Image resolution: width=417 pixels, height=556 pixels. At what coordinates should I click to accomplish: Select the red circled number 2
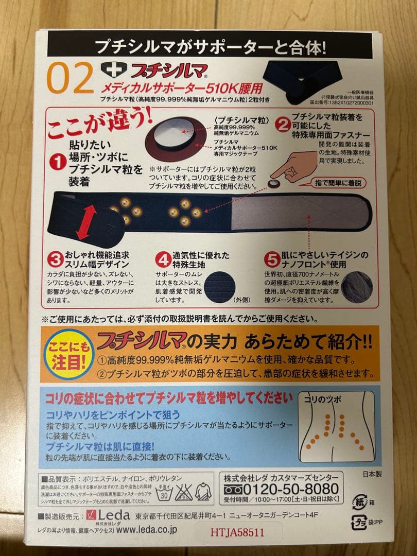282,124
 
